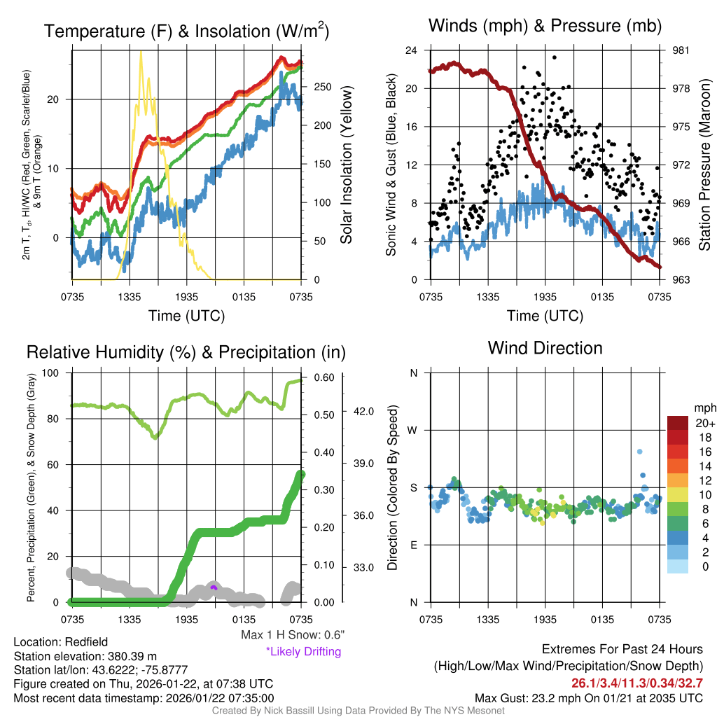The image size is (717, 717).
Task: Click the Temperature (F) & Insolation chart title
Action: click(x=187, y=32)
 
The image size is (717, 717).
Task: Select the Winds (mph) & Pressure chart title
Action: click(x=545, y=27)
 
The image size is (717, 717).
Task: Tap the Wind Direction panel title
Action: click(x=545, y=348)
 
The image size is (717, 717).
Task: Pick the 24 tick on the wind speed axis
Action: click(x=412, y=50)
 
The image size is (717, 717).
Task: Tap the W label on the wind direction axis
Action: click(x=413, y=430)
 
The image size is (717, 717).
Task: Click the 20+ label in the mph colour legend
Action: click(x=704, y=424)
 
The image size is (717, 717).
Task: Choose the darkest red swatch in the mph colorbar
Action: click(x=679, y=423)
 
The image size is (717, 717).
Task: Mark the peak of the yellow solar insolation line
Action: click(x=141, y=52)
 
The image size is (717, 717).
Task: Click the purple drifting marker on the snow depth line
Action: click(x=214, y=587)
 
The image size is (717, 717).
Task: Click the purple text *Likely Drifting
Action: click(x=303, y=652)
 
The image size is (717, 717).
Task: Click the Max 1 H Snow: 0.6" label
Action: click(x=293, y=634)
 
